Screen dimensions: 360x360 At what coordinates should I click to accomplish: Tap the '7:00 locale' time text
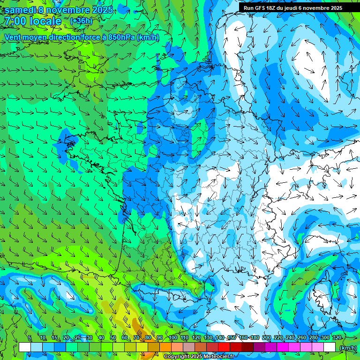[33, 21]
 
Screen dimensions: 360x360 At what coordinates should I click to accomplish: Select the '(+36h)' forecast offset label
[81, 21]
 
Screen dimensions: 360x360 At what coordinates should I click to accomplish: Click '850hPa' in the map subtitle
[121, 37]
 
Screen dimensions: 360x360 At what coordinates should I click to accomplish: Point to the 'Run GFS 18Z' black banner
[292, 8]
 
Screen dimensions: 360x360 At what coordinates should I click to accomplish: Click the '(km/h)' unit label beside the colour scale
[347, 347]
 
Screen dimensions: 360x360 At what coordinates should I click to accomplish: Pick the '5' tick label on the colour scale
[30, 337]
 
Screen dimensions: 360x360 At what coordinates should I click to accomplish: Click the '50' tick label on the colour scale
[113, 337]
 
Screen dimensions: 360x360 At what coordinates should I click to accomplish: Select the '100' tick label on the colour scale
[172, 337]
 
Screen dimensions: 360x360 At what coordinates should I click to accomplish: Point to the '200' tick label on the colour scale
[266, 337]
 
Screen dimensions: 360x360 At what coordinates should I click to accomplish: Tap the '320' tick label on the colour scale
[337, 337]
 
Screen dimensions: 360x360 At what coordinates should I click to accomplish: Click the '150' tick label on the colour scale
[231, 337]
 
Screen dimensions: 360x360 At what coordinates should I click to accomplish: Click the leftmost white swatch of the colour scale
[25, 347]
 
